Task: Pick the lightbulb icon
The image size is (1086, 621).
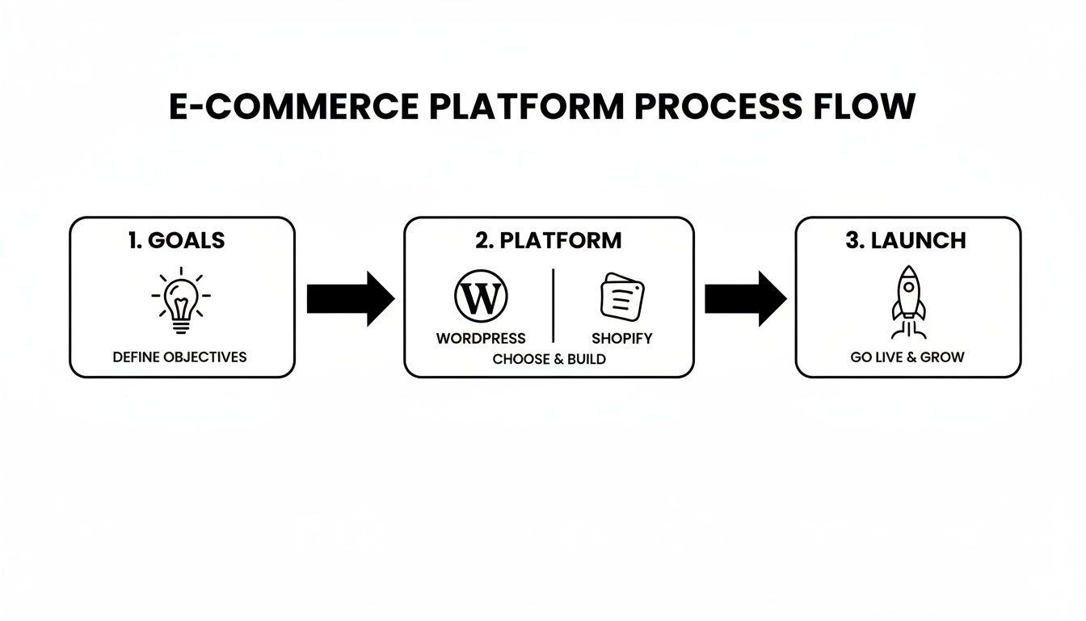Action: [x=181, y=300]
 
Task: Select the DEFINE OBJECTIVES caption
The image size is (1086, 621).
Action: [x=180, y=357]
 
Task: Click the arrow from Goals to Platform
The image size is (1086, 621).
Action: [x=349, y=298]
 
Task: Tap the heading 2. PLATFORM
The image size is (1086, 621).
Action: [x=549, y=240]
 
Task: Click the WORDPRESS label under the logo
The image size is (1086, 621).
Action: [x=481, y=338]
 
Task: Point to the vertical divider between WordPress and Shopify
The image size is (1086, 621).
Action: [x=554, y=306]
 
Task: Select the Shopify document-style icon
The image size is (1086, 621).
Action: [x=621, y=297]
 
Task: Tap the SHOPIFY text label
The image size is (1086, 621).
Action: [x=621, y=338]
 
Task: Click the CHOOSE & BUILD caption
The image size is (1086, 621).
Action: [x=549, y=359]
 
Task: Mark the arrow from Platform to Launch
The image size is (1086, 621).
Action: [x=744, y=298]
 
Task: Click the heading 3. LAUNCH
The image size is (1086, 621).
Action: [x=906, y=240]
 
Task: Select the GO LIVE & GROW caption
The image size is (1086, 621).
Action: [x=907, y=357]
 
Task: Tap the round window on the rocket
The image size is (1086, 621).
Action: [x=907, y=287]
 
